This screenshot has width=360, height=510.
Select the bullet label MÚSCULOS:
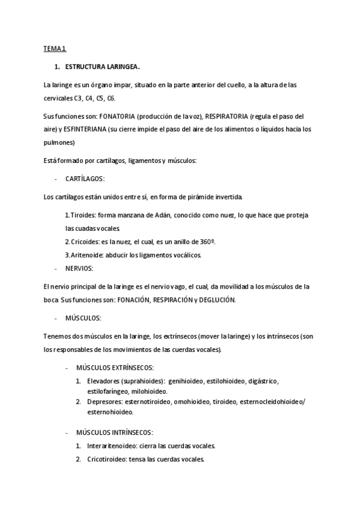coord(83,318)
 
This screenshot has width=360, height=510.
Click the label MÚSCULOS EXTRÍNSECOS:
coord(115,367)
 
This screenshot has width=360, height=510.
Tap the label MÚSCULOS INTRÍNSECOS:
coord(114,432)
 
